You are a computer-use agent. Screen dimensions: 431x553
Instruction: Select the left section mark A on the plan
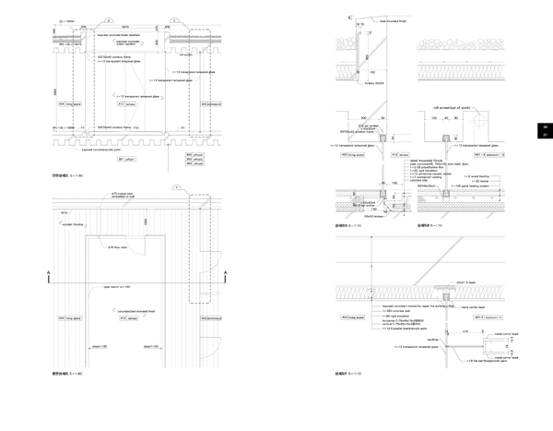pyautogui.click(x=47, y=271)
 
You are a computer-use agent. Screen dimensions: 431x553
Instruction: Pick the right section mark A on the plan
pyautogui.click(x=225, y=271)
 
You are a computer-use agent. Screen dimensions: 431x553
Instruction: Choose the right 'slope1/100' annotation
pyautogui.click(x=151, y=347)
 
